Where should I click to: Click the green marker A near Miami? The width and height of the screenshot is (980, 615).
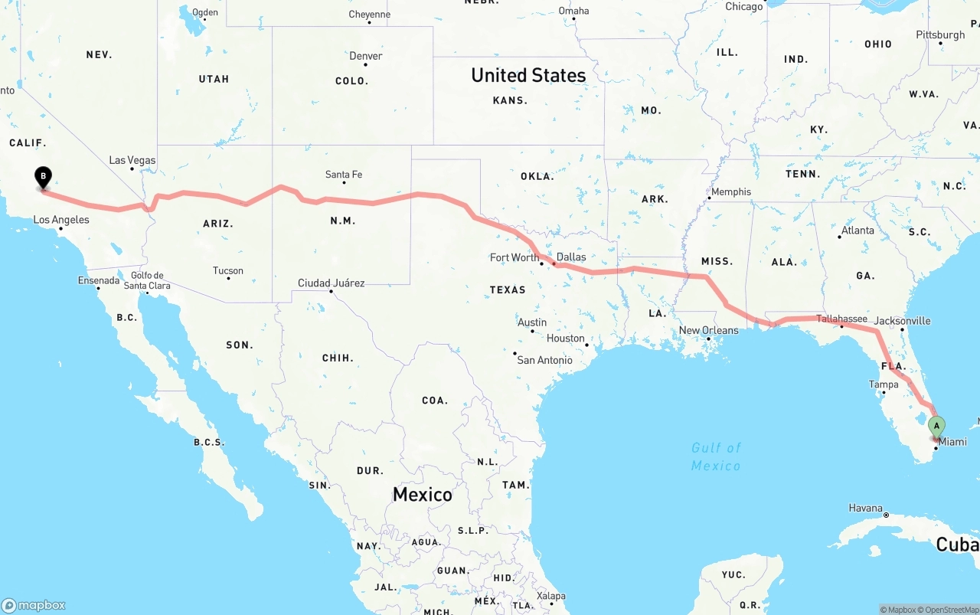(936, 427)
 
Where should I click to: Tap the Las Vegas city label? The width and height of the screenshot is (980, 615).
(132, 160)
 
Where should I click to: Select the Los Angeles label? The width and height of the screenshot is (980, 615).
(61, 220)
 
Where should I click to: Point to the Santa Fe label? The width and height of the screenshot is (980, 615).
(343, 175)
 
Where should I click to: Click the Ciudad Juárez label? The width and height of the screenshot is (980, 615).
(331, 283)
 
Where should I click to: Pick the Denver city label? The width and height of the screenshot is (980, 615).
(365, 56)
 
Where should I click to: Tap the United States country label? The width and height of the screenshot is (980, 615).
(528, 75)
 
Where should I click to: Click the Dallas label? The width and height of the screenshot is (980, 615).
(571, 257)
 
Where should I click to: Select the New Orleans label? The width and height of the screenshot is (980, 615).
(709, 330)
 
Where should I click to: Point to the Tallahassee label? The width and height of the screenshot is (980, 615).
(841, 319)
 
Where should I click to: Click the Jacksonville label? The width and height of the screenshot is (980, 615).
(902, 321)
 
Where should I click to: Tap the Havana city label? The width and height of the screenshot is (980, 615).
(865, 508)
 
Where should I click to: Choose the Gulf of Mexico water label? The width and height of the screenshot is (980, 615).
(716, 456)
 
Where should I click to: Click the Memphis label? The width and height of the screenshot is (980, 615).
(731, 191)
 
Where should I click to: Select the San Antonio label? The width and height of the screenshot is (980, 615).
(544, 360)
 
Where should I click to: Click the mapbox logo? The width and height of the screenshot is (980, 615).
(34, 605)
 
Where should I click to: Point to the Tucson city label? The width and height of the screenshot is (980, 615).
(228, 270)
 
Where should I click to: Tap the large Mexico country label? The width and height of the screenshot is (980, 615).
(423, 494)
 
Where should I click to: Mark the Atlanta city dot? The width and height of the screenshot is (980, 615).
(840, 237)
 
